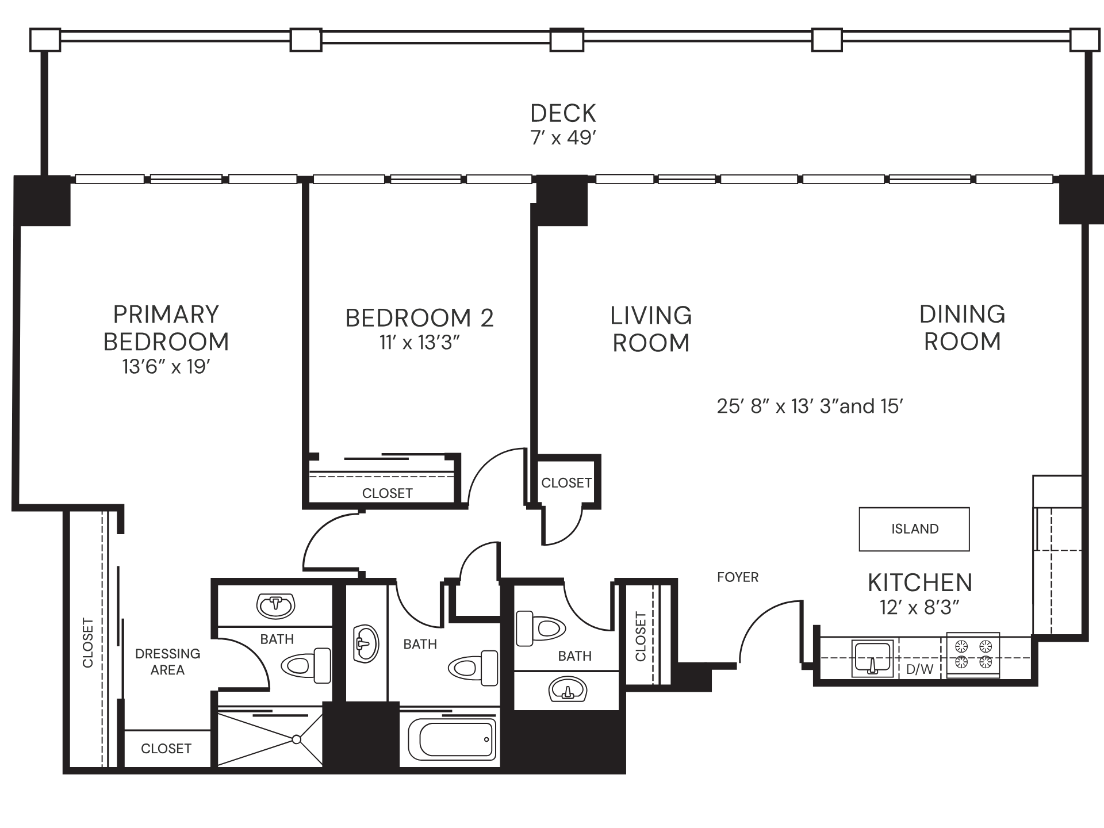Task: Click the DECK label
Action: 563,113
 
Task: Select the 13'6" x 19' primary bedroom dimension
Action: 166,366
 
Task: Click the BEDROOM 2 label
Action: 419,317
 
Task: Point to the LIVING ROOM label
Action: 651,329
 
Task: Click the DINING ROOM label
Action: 962,328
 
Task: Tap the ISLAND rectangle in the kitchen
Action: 914,528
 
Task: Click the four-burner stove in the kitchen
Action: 973,655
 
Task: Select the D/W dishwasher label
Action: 919,669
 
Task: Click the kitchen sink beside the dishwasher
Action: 873,657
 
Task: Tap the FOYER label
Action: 738,577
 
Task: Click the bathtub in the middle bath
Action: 452,739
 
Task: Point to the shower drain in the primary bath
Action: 296,739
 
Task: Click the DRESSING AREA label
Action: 167,662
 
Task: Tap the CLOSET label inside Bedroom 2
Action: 387,493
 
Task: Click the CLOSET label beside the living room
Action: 566,483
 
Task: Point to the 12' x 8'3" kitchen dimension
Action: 919,607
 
